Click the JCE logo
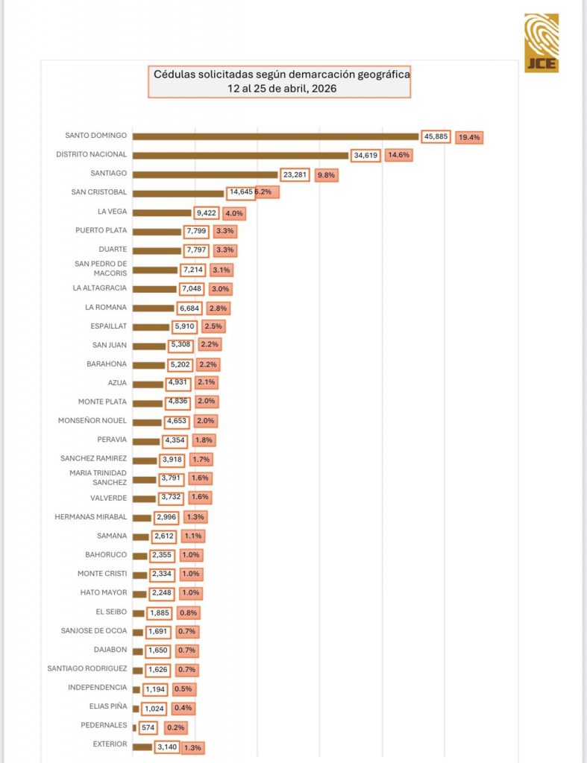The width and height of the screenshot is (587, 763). pyautogui.click(x=541, y=43)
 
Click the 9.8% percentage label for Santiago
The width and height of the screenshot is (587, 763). pyautogui.click(x=327, y=175)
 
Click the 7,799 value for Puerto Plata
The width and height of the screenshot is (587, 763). pyautogui.click(x=195, y=231)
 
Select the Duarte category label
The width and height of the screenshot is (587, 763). pyautogui.click(x=112, y=250)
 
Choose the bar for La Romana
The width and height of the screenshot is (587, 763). pyautogui.click(x=153, y=308)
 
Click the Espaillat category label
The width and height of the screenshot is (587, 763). pyautogui.click(x=107, y=326)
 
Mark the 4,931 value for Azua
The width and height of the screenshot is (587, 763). pyautogui.click(x=178, y=383)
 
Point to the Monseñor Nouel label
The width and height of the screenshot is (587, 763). pyautogui.click(x=92, y=420)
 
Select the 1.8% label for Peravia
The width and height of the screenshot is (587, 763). pyautogui.click(x=203, y=440)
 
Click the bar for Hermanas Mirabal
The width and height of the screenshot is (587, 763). pyautogui.click(x=142, y=516)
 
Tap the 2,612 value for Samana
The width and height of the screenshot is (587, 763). pyautogui.click(x=163, y=536)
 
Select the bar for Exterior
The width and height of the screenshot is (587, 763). pyautogui.click(x=142, y=746)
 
